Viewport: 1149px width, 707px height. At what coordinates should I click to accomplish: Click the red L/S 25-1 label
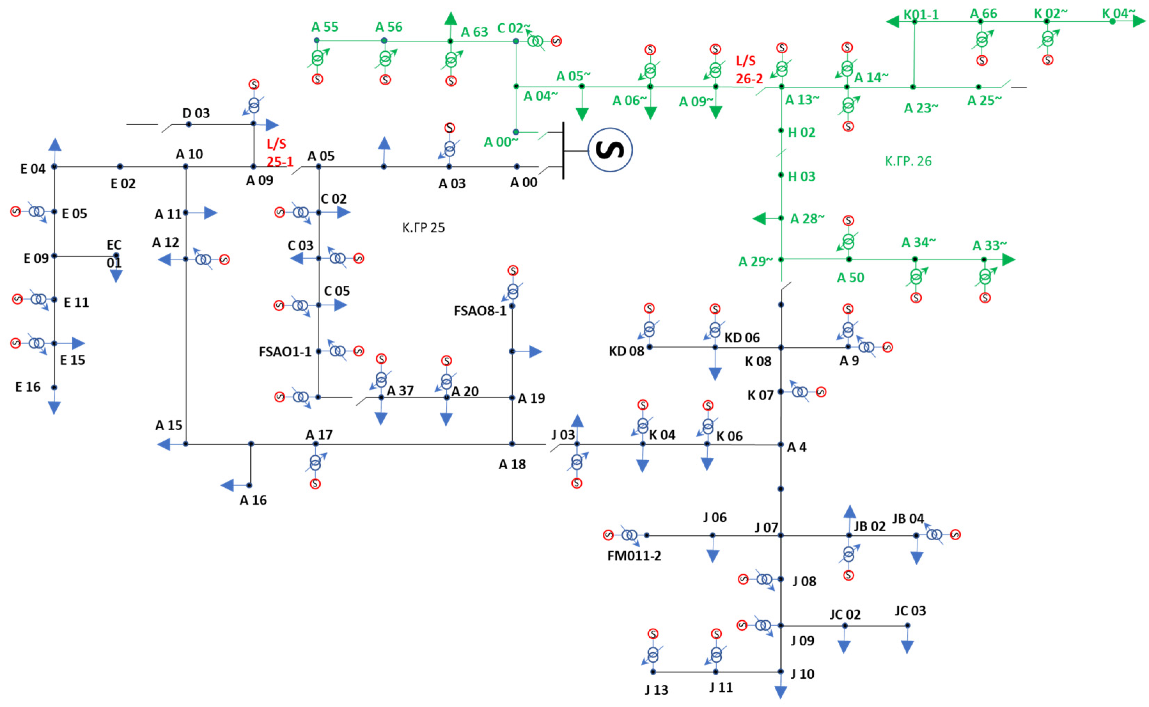pos(279,153)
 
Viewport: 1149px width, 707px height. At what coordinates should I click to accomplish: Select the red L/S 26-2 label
pos(748,69)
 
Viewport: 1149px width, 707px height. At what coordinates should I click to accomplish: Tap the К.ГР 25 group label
pos(423,228)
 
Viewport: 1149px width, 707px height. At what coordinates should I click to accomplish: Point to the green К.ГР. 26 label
pos(908,161)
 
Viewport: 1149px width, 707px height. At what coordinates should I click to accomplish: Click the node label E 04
pos(33,169)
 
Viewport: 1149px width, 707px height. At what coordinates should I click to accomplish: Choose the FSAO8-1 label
pos(480,311)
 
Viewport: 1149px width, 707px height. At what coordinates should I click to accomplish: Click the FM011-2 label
pos(634,556)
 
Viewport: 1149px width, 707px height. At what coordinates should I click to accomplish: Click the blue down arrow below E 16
pos(54,408)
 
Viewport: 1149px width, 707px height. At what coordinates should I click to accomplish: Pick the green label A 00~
pos(500,142)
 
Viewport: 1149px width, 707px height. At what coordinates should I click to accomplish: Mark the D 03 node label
pos(196,113)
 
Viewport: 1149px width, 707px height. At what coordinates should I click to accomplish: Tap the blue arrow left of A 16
pos(227,485)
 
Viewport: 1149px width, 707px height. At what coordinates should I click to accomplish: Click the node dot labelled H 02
pos(781,131)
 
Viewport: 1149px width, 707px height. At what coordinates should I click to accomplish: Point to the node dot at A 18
pos(511,444)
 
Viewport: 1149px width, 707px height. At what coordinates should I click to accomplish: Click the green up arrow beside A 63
pos(450,19)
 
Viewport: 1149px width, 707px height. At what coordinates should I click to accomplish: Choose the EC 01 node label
pos(114,254)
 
